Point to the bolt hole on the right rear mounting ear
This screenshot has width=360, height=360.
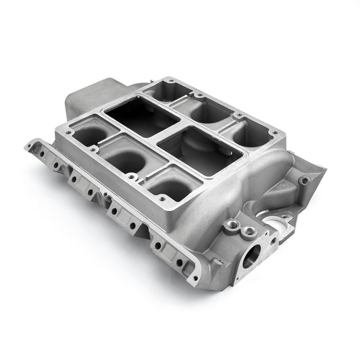tap(305, 180)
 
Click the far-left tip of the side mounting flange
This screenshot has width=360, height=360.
tap(28, 144)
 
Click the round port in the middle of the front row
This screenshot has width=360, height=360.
tap(126, 158)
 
